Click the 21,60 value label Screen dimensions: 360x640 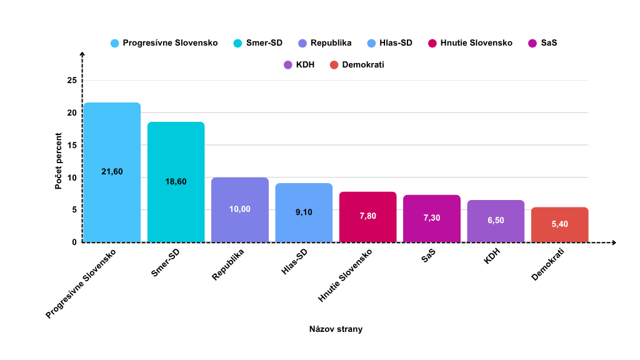tap(112, 171)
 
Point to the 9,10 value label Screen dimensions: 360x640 tap(304, 212)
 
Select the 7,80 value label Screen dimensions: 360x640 tap(367, 216)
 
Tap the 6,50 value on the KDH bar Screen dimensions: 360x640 tap(496, 221)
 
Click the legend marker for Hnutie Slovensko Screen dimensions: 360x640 tap(432, 43)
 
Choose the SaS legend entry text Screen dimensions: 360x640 tap(549, 43)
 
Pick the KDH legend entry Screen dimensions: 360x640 tap(305, 64)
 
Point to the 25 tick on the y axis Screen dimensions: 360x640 tap(72, 81)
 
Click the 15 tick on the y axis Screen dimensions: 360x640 tap(72, 145)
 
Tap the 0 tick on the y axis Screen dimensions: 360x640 tap(74, 242)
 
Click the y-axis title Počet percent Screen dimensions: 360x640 tap(58, 161)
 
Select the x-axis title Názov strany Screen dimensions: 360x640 tap(336, 329)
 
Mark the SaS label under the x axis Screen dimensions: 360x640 tap(428, 256)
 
